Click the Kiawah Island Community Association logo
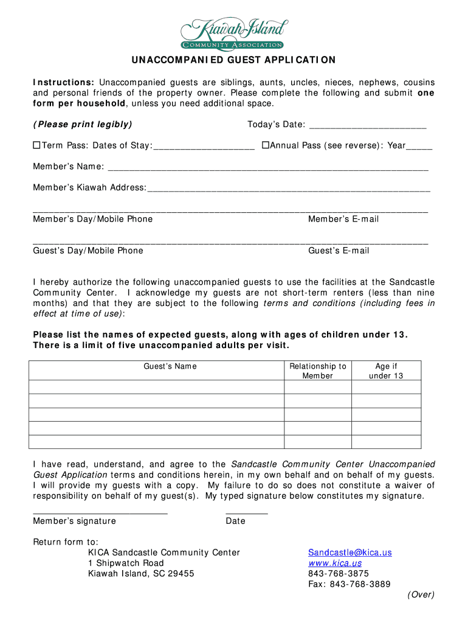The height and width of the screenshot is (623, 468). [x=233, y=33]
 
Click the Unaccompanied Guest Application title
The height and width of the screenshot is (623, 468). [x=234, y=60]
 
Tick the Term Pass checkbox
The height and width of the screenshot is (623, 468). [x=36, y=145]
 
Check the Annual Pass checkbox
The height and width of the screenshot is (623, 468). [x=265, y=145]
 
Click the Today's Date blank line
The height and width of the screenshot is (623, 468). [x=368, y=127]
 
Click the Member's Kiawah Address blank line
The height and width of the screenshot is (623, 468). [x=289, y=189]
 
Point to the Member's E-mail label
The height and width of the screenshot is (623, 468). [x=343, y=219]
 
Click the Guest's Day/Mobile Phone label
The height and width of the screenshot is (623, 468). [x=88, y=251]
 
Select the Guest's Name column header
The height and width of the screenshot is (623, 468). [x=170, y=366]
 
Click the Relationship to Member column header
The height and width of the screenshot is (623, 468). [x=318, y=371]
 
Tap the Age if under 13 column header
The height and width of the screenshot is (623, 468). [x=386, y=371]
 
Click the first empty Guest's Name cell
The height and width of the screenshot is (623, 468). [x=157, y=387]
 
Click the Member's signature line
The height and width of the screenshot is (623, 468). [x=100, y=512]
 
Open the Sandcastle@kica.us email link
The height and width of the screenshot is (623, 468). [x=350, y=552]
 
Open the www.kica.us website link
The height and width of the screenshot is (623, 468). [x=335, y=563]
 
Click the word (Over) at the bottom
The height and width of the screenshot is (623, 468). [x=421, y=595]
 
